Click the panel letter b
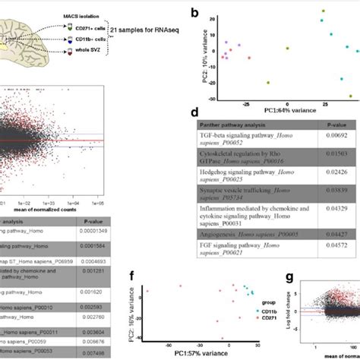tap(196, 14)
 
